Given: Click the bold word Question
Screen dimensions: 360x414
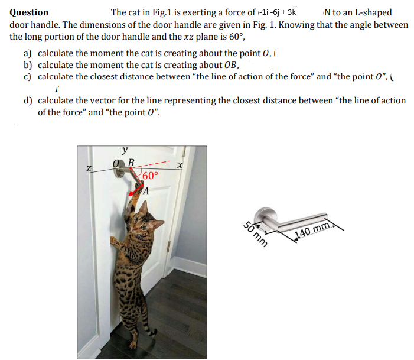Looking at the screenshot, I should click(x=30, y=12).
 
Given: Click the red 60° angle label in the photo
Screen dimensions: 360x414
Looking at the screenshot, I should click(x=150, y=176).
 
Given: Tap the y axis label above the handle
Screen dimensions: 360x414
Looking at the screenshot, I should click(x=126, y=151).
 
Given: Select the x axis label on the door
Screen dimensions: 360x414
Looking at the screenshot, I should click(x=180, y=167).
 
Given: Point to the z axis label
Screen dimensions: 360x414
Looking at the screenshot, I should click(x=89, y=169).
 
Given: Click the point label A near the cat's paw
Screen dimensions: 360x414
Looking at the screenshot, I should click(x=145, y=190).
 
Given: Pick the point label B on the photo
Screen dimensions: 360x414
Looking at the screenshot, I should click(x=131, y=163).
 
